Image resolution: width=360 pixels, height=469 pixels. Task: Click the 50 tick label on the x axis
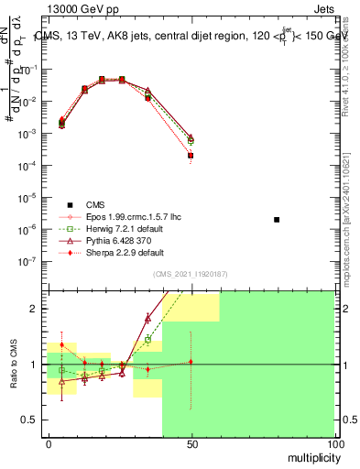tap(191, 443)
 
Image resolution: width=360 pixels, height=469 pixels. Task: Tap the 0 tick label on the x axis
tap(48, 443)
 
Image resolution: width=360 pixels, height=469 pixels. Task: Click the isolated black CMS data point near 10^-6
tap(277, 220)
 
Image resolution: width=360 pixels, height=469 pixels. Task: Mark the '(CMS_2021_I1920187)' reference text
tap(191, 273)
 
